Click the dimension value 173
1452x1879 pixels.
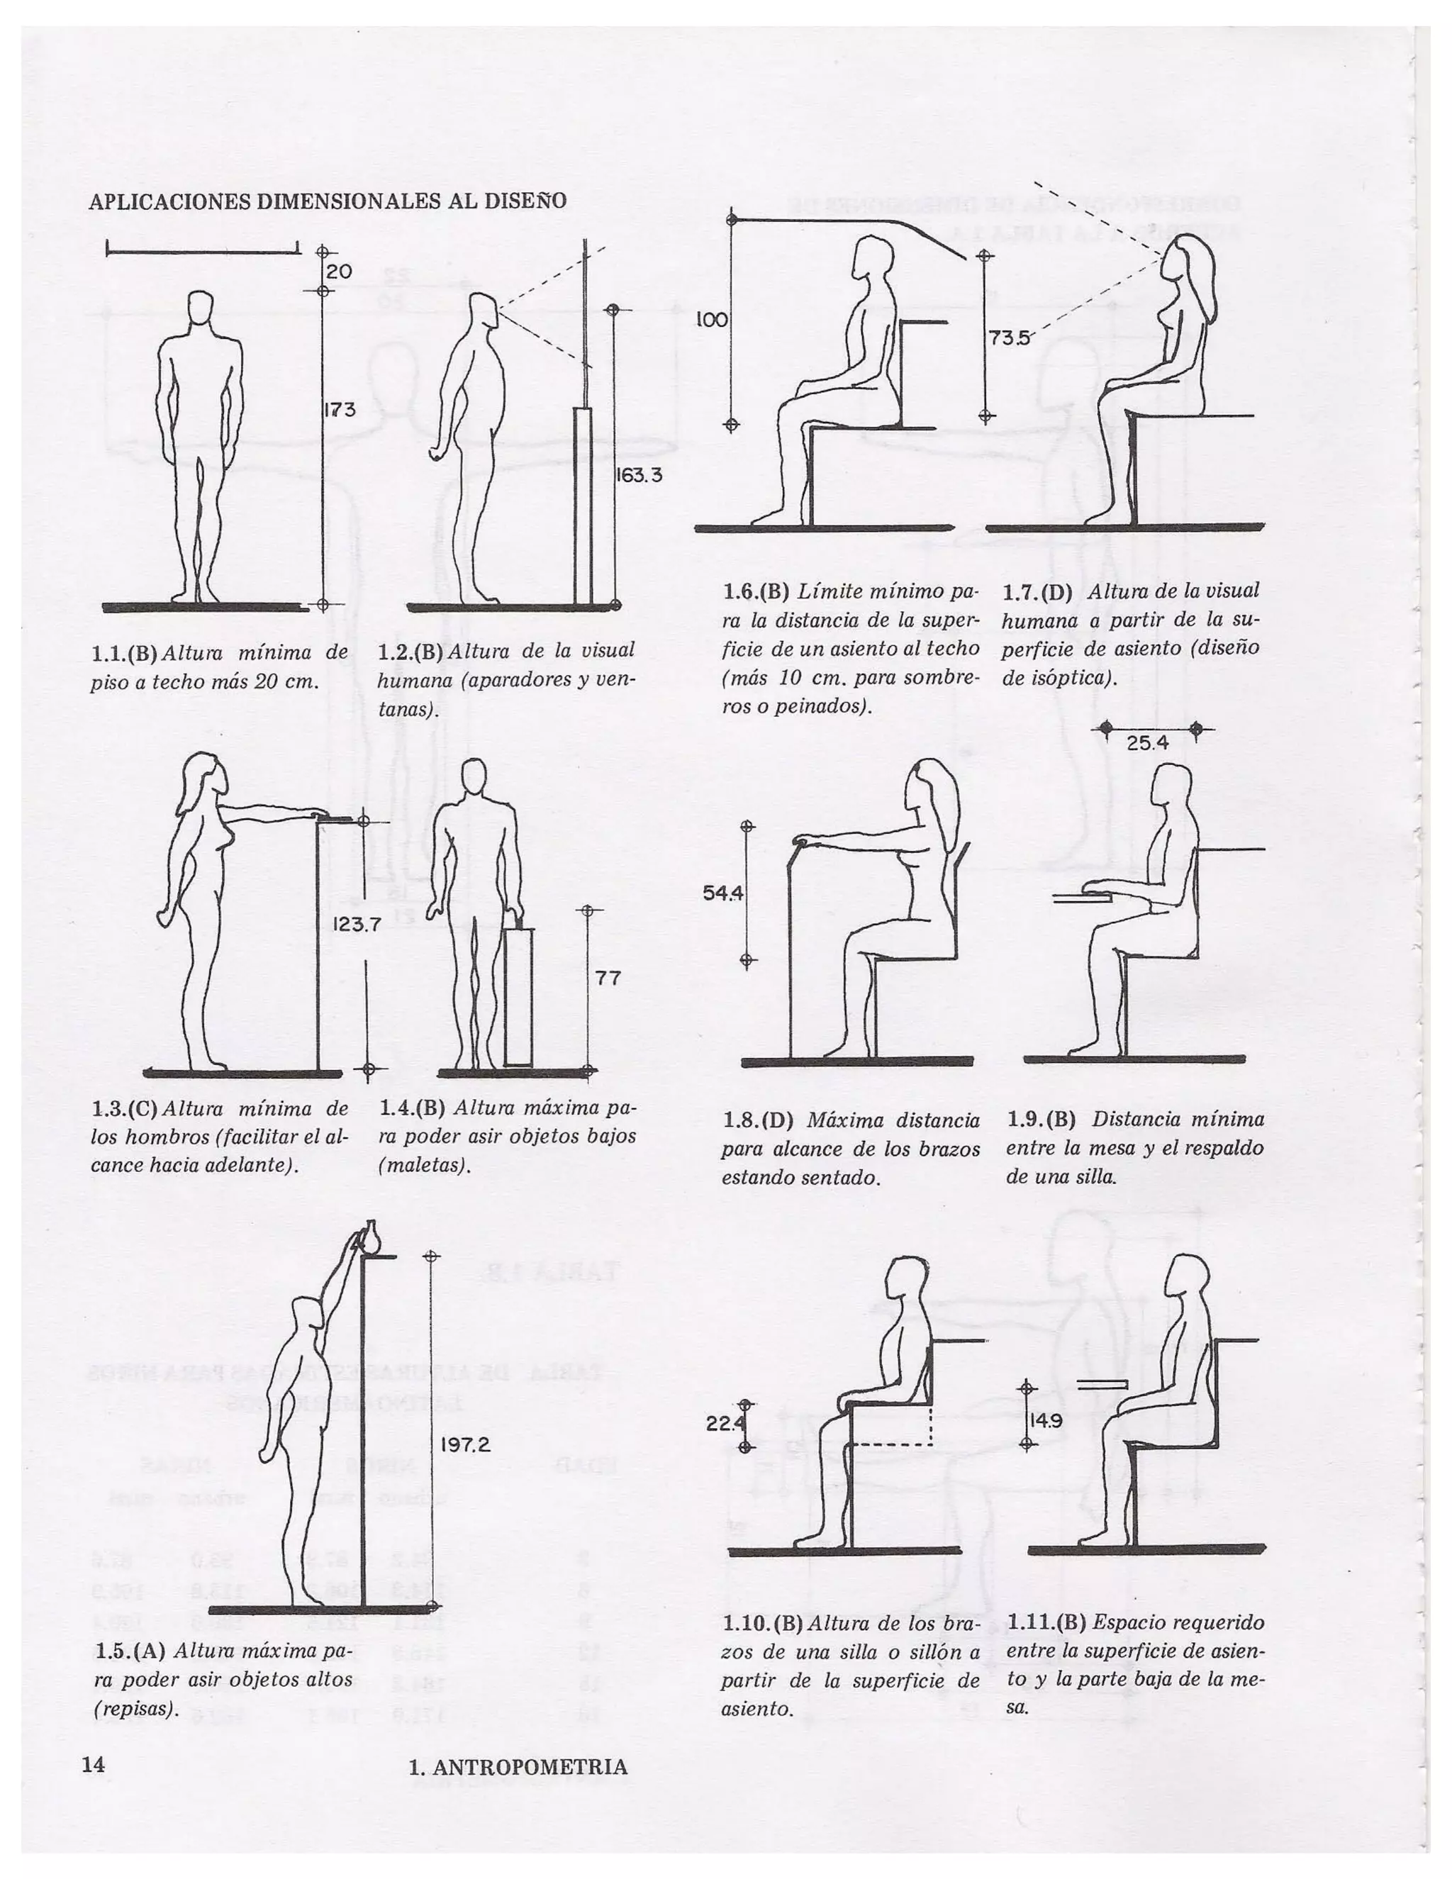tap(340, 410)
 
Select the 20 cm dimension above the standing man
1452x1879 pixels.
tap(339, 271)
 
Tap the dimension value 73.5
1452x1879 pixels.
tap(1008, 338)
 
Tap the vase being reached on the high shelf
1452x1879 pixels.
tap(372, 1239)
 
